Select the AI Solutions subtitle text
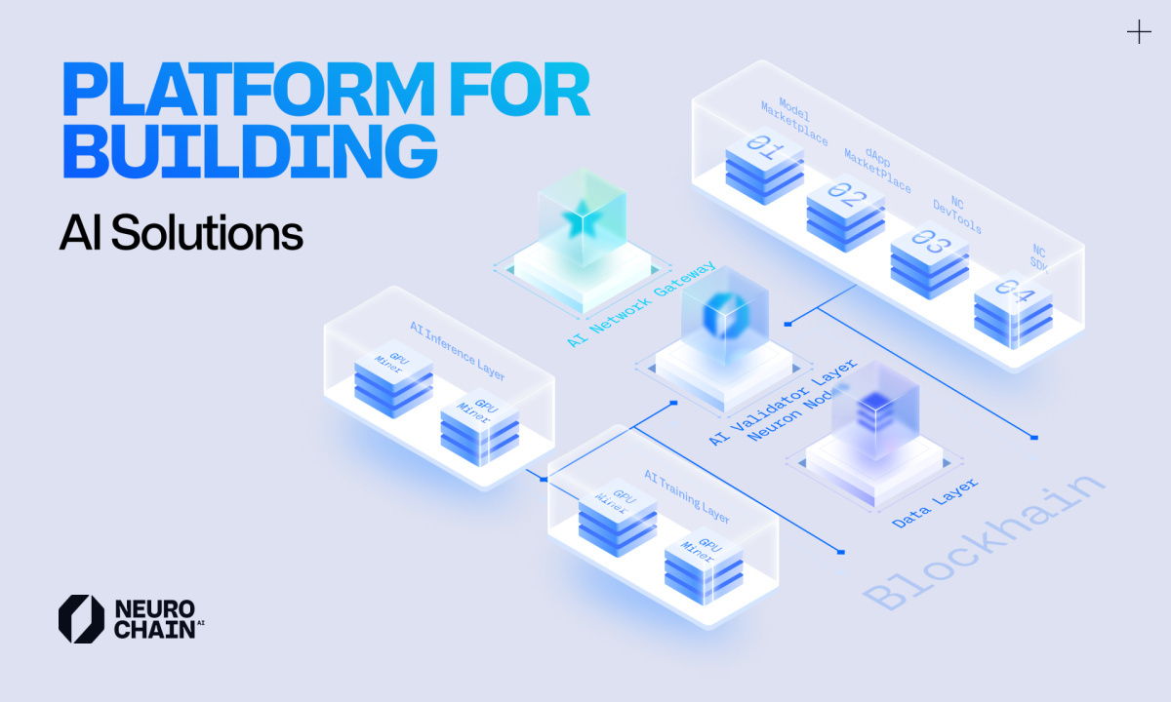[182, 234]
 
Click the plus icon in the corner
[1139, 33]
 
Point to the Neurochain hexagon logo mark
[81, 619]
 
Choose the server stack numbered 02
[846, 209]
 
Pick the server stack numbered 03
[930, 255]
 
